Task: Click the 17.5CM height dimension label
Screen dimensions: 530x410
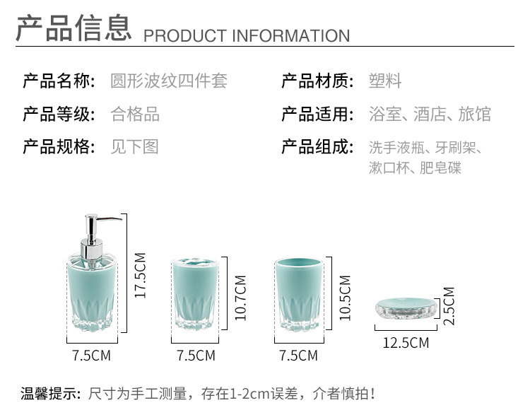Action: point(141,276)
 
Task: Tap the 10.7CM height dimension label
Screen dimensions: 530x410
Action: point(241,298)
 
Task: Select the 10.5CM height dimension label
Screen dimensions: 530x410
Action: point(345,298)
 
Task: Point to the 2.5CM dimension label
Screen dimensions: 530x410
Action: point(449,306)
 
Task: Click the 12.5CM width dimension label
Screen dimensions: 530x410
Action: point(406,343)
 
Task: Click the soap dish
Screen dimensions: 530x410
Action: point(406,308)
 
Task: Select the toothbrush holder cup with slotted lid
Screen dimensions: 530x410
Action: point(195,293)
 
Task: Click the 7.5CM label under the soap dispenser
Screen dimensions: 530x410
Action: point(91,356)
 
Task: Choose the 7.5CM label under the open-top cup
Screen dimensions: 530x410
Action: point(298,356)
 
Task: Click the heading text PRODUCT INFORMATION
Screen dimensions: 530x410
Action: point(247,36)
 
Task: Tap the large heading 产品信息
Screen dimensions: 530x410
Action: point(73,28)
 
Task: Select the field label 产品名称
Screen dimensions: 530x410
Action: point(59,81)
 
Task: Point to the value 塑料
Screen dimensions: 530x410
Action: point(385,81)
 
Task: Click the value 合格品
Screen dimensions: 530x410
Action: point(135,114)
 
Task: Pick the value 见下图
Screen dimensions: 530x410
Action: point(135,147)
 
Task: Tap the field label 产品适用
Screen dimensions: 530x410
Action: point(318,114)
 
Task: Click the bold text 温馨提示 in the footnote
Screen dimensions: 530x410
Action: point(51,394)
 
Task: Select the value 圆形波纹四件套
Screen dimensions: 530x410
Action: point(169,81)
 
